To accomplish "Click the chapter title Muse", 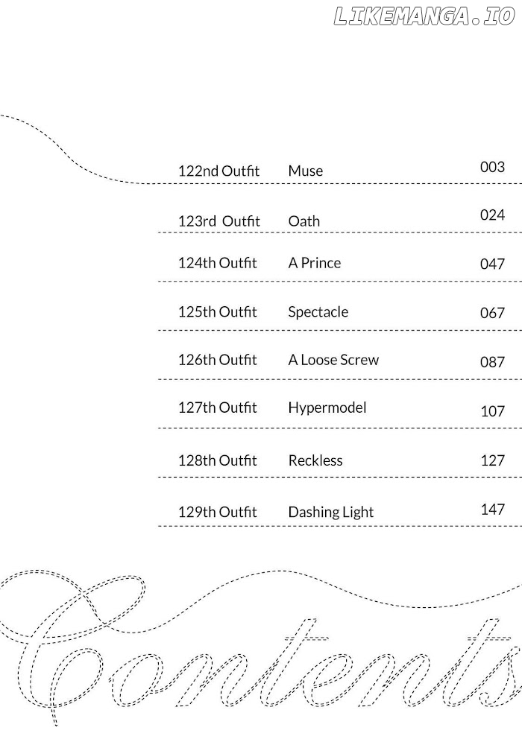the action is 306,171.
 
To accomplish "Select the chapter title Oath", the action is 304,221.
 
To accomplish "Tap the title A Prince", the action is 315,263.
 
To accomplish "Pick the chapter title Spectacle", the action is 318,312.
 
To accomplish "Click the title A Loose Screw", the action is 333,360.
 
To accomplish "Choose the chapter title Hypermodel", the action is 327,408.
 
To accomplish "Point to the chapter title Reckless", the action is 315,460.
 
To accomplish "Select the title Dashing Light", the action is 331,513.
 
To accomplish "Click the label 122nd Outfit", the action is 218,171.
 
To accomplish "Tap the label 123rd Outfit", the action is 218,221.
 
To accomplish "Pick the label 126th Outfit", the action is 218,360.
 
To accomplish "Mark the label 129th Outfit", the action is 218,512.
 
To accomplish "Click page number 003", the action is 493,167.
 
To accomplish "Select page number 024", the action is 493,215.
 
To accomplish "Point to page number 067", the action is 493,314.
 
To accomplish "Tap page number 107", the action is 493,411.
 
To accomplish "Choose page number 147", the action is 493,509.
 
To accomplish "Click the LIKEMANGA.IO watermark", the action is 424,16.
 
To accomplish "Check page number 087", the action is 493,362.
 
